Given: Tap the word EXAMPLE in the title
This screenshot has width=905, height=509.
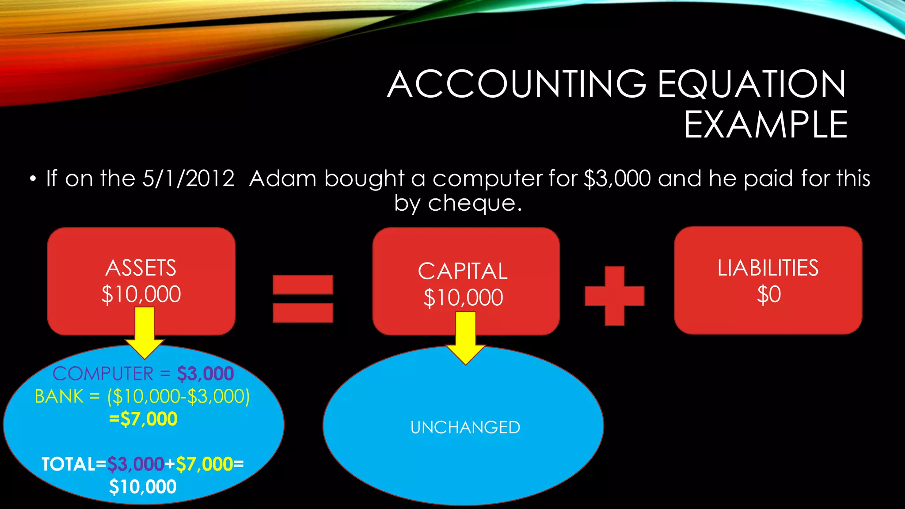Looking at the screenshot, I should point(766,125).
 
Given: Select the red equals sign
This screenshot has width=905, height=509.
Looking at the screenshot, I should point(303,299).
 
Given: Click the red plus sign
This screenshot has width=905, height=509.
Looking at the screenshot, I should point(614,296).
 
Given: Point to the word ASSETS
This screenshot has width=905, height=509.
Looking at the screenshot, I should point(141,268).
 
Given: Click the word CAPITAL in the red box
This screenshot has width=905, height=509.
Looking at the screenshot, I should point(463,271).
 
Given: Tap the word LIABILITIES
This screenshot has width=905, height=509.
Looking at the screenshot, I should point(768,268).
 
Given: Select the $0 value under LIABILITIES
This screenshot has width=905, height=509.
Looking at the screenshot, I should point(769,295).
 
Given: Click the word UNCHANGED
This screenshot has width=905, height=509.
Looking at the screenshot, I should point(465,427).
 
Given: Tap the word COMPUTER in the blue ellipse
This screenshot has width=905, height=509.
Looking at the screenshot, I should point(103,374).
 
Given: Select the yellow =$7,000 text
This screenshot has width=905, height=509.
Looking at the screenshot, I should point(143,419).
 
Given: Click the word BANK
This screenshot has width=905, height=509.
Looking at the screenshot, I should point(59,396).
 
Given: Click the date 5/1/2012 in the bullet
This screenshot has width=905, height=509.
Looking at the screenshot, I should point(188,179).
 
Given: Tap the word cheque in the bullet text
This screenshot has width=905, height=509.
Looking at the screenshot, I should point(472,203).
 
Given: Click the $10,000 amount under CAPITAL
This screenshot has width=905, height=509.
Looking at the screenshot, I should point(463,298).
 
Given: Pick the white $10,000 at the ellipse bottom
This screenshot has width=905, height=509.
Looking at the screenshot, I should point(143,487).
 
